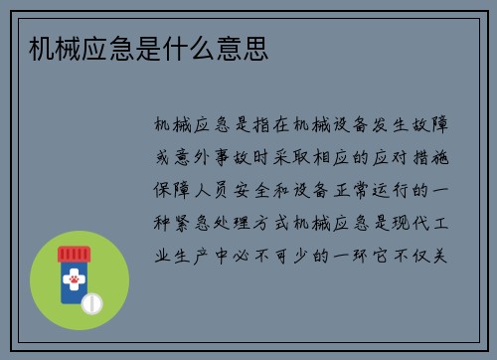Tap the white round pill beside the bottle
coord(90,301)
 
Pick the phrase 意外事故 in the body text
coord(209,157)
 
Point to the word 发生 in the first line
coord(394,125)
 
